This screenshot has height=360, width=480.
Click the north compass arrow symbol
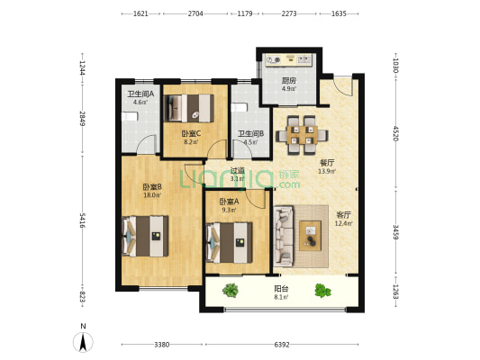pos(83,342)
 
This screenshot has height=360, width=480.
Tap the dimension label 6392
pos(282,345)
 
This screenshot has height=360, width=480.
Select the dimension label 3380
pos(161,345)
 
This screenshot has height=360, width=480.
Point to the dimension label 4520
pos(395,133)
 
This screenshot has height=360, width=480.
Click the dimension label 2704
pos(195,13)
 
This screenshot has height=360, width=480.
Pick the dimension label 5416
pos(82,220)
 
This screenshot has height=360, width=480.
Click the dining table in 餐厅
pos(303,135)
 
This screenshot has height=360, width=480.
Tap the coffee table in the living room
pos(311,236)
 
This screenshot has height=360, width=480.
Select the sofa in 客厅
pos(284,235)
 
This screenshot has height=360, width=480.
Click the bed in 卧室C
pos(189,108)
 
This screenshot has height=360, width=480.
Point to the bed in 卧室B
pos(145,236)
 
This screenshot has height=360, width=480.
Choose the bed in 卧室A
pos(230,243)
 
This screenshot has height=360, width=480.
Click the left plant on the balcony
pos(231,291)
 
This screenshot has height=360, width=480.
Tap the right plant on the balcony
pos(322,291)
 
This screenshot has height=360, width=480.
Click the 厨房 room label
pos(289,81)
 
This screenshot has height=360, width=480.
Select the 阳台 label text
pos(281,288)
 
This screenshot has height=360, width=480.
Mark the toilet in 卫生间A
pos(130,116)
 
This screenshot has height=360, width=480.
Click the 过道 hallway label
pos(238,170)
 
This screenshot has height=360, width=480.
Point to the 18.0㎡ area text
pos(152,194)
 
